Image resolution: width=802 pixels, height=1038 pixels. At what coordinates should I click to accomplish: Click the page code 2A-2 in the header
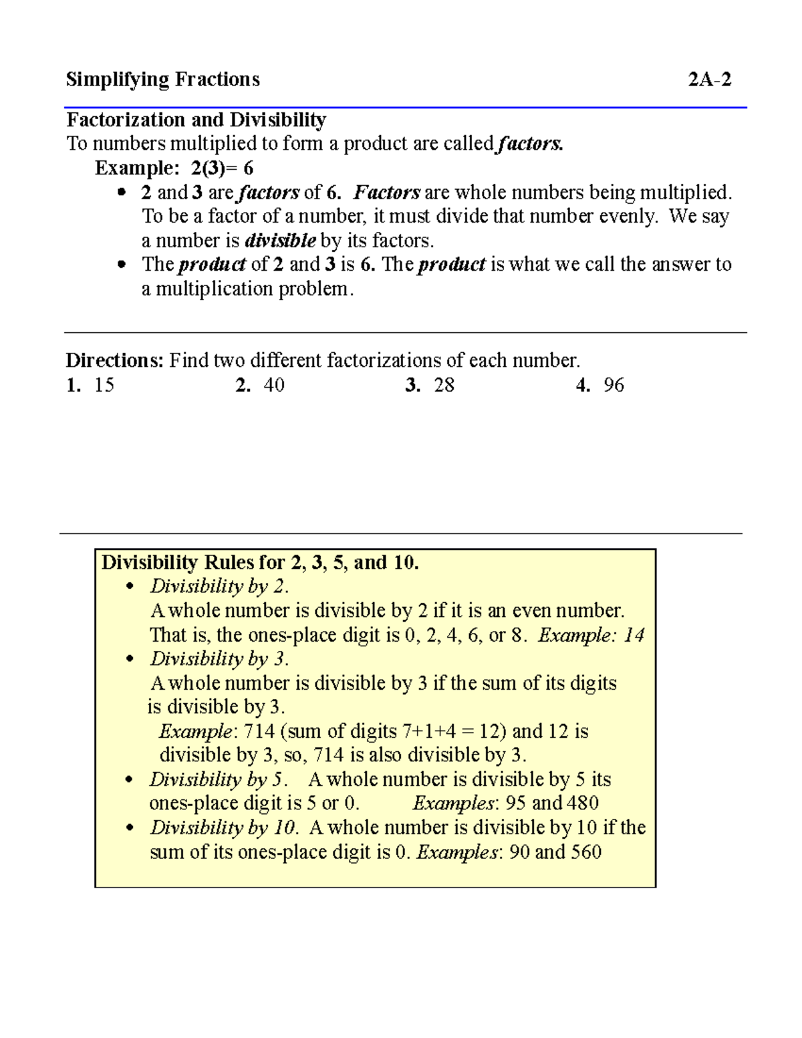(x=709, y=80)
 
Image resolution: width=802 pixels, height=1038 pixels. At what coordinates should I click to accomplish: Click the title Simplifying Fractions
(x=162, y=80)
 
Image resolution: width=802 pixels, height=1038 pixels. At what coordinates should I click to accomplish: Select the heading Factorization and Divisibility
(x=196, y=120)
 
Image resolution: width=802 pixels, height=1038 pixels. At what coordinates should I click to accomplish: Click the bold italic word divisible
(x=281, y=241)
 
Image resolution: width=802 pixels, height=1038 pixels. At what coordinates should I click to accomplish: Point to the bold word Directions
(x=114, y=361)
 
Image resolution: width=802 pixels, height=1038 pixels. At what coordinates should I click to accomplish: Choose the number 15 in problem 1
(x=104, y=385)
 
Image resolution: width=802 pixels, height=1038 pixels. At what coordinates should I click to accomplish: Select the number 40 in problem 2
(x=274, y=385)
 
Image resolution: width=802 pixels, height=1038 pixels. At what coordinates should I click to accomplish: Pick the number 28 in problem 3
(x=444, y=385)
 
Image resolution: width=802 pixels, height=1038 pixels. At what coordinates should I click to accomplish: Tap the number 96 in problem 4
(x=614, y=385)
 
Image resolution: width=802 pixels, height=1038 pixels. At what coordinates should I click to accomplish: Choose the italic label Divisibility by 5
(x=218, y=780)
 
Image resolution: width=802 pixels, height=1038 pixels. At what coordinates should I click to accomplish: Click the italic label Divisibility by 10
(x=223, y=828)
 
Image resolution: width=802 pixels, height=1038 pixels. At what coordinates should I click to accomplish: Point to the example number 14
(x=634, y=635)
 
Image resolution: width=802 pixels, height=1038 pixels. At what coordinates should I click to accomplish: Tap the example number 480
(x=582, y=803)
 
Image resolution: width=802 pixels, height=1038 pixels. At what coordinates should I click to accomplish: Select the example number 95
(x=515, y=803)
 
